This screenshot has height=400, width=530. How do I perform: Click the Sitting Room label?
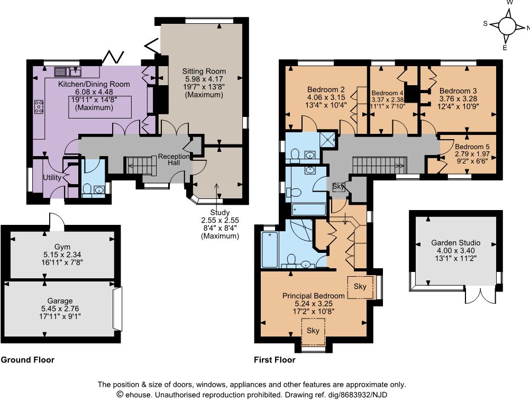click(x=204, y=71)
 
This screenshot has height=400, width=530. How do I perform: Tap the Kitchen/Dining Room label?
click(x=94, y=84)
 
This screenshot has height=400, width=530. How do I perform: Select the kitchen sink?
click(x=68, y=71)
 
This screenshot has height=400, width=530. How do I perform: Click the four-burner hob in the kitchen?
click(x=39, y=106)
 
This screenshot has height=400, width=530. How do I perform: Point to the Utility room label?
click(x=52, y=178)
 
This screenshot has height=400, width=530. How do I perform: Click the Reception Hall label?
click(x=173, y=159)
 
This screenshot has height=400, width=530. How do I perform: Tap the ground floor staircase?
click(x=140, y=165)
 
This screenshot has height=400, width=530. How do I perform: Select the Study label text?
click(x=220, y=213)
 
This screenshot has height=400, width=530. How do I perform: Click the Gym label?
click(x=62, y=247)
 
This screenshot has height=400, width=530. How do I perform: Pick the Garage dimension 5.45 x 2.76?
click(x=60, y=308)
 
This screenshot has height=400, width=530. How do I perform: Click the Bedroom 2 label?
click(x=326, y=89)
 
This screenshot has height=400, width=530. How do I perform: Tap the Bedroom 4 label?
click(x=387, y=93)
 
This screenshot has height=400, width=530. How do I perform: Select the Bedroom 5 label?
click(x=472, y=147)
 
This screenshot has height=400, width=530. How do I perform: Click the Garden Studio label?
click(x=455, y=243)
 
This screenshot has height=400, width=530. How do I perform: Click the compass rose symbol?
click(x=506, y=26)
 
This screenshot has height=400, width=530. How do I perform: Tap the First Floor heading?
click(x=275, y=360)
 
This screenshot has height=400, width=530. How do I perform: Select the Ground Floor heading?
click(x=28, y=360)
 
